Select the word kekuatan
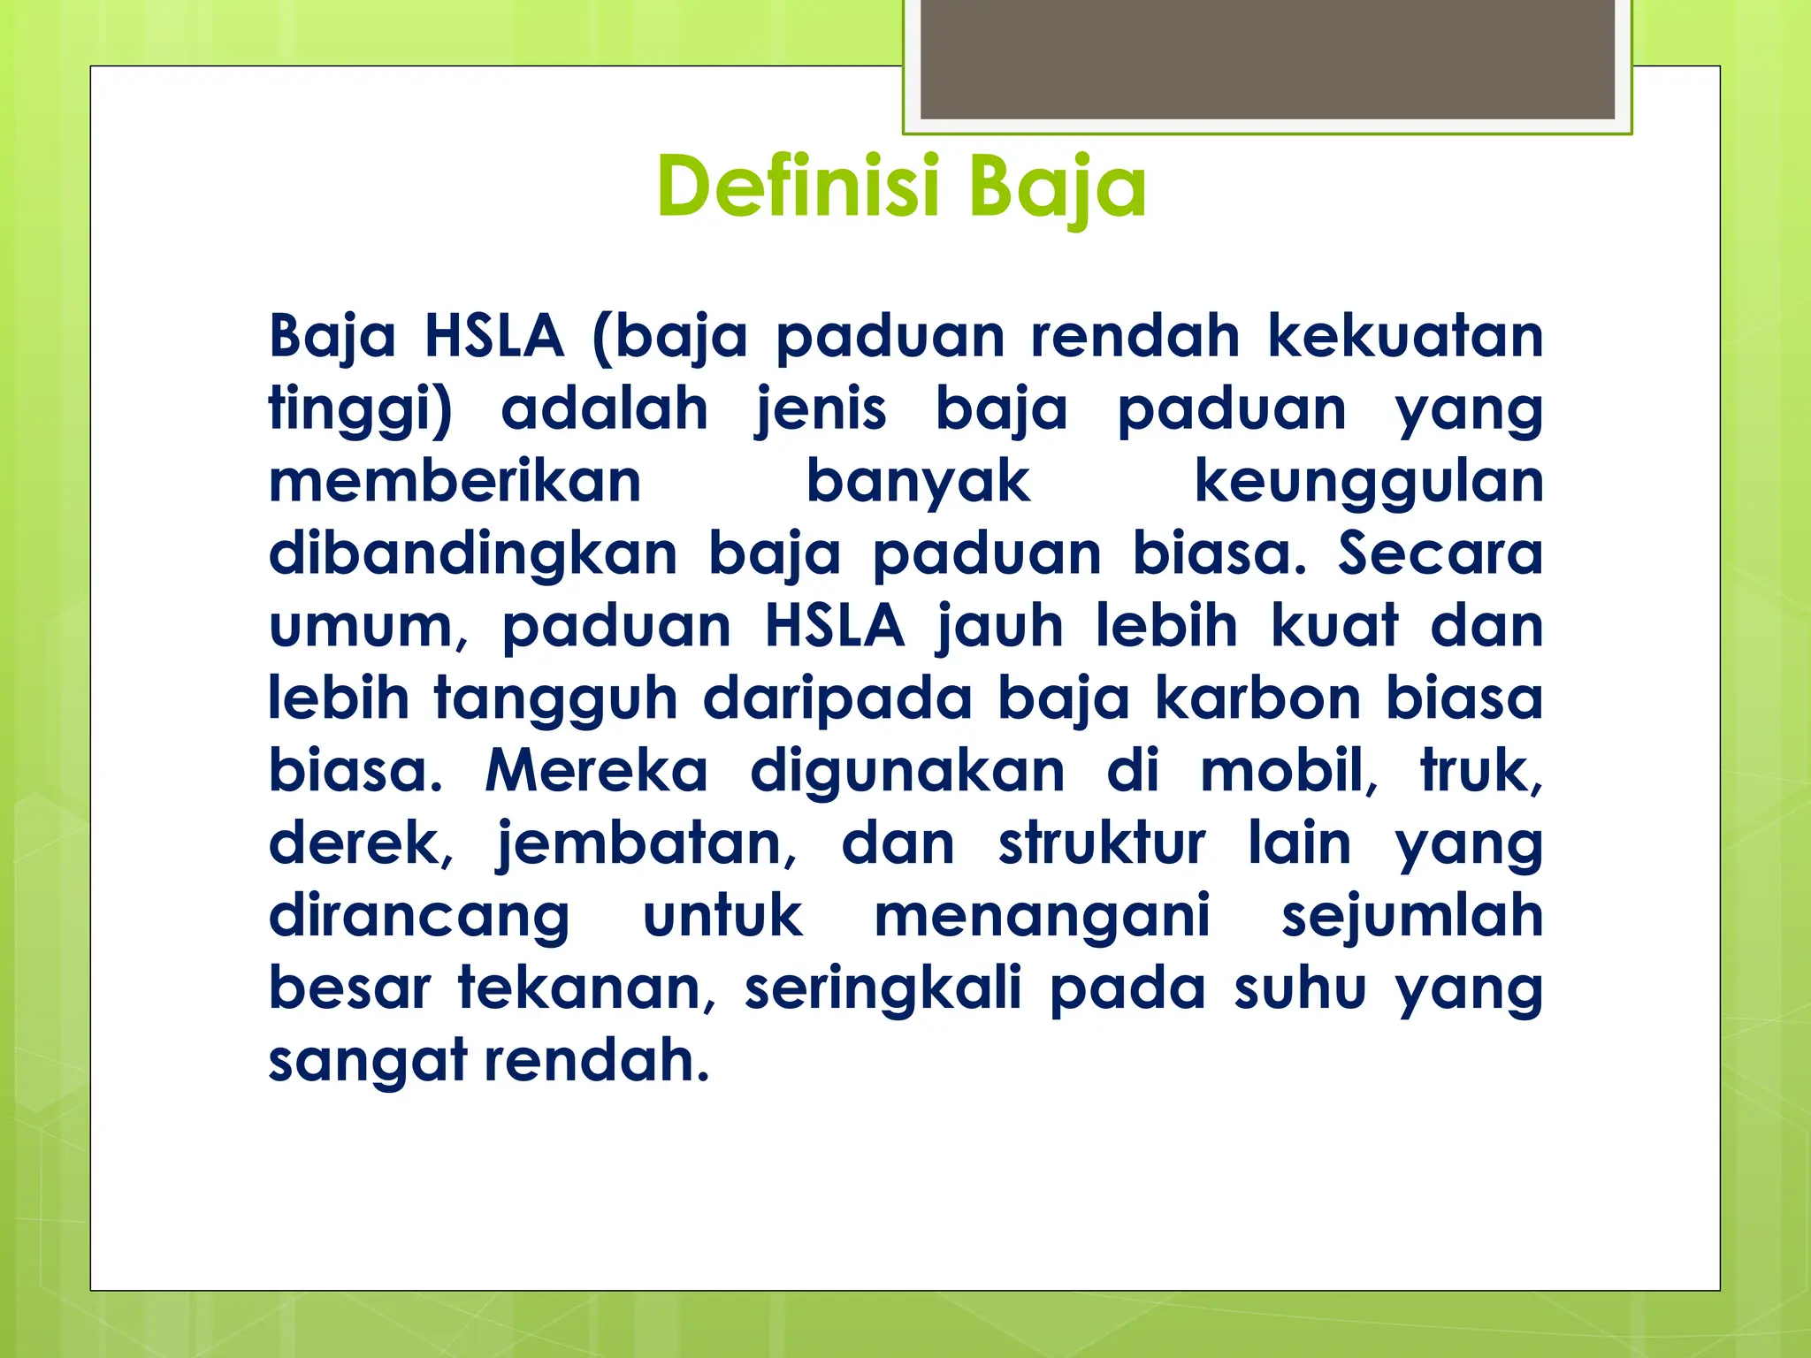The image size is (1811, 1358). click(1405, 337)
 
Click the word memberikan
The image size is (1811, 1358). click(455, 482)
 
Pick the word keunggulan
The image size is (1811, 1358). click(1368, 484)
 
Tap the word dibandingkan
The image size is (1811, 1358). click(473, 555)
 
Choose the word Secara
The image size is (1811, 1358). click(1440, 554)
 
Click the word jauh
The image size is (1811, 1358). click(1000, 628)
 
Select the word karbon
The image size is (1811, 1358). click(1257, 699)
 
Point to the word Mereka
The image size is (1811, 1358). click(597, 771)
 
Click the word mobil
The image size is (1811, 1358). click(1287, 771)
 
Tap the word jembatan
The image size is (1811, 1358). click(646, 844)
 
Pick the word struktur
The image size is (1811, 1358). click(1102, 844)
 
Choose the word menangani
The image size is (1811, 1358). click(1042, 916)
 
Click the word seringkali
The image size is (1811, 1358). click(883, 988)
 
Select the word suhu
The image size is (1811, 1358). click(1300, 988)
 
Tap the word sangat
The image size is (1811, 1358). click(367, 1061)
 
